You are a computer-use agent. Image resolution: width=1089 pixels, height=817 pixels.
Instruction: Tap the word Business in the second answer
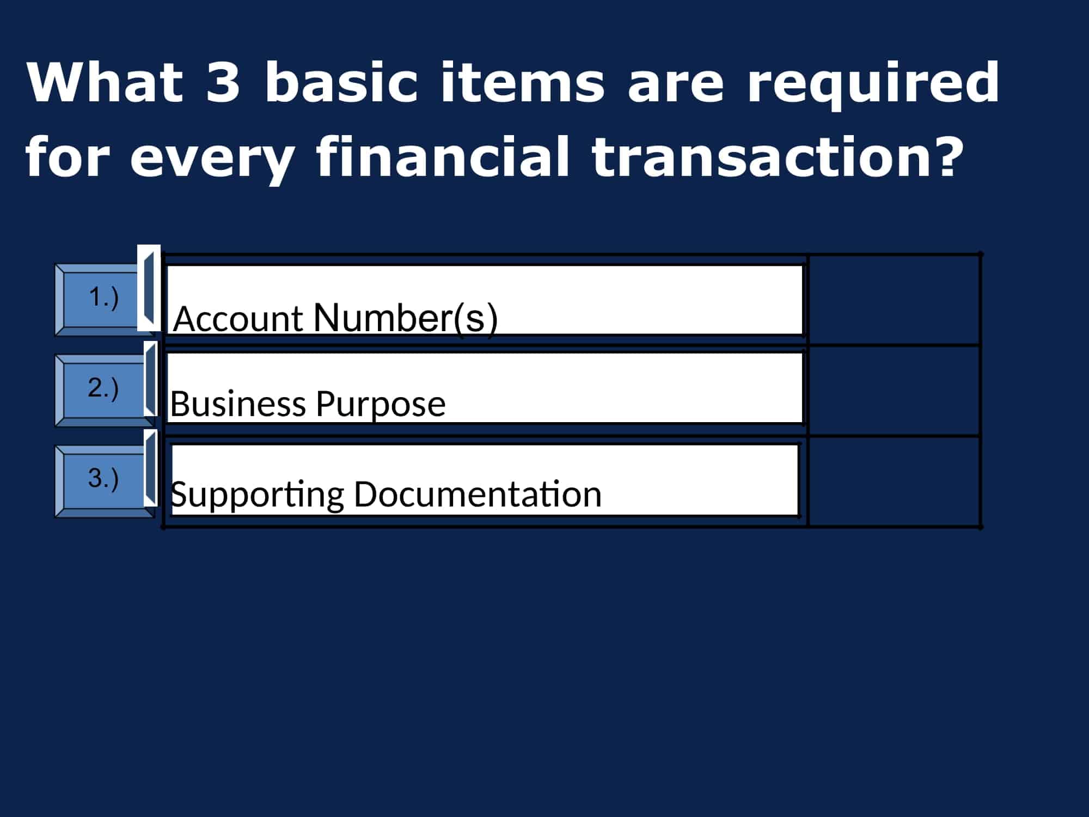(238, 404)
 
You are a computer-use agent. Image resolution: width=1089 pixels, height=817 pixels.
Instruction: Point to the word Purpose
(381, 406)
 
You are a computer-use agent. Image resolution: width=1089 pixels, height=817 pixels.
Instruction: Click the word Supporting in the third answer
(257, 496)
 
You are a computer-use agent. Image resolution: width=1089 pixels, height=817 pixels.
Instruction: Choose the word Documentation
(478, 494)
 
